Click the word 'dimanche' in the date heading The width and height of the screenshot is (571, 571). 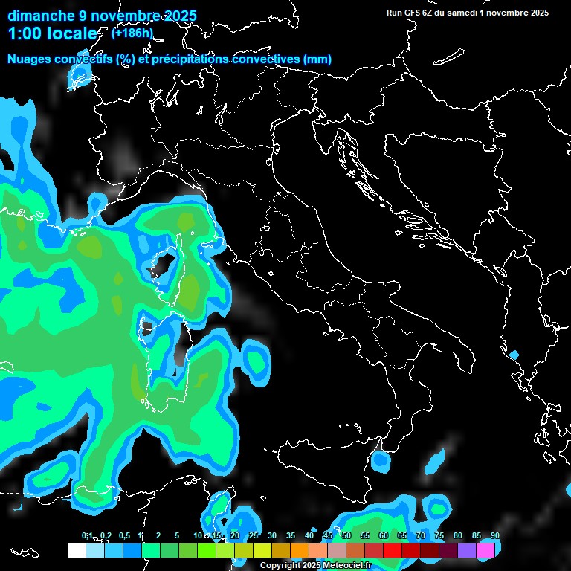pos(40,16)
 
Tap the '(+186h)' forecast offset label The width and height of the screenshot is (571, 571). pos(132,33)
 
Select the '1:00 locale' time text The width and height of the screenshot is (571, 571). pos(52,34)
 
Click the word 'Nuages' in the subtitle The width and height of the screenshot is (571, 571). pos(30,59)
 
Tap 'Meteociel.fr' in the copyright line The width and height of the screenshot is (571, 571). pos(347,566)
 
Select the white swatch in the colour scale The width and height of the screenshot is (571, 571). pos(76,550)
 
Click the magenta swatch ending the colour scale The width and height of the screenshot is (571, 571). pos(485,550)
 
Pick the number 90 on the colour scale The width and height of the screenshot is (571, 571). pos(494,536)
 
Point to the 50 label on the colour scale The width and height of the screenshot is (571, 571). pos(346,536)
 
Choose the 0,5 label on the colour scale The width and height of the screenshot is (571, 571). pos(124,536)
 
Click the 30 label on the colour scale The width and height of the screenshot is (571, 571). pos(272,536)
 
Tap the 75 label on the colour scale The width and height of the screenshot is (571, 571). pos(439,536)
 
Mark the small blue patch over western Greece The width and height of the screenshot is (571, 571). pos(513,354)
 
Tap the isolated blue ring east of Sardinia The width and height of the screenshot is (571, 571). pos(256,362)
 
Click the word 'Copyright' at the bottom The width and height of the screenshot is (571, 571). pos(280,566)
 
